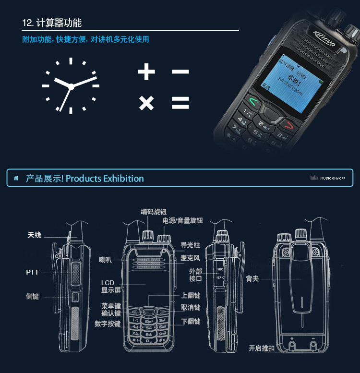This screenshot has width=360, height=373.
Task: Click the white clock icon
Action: [x=71, y=86]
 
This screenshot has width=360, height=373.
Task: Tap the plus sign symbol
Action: [x=146, y=72]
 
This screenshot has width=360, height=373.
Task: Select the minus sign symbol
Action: [x=180, y=72]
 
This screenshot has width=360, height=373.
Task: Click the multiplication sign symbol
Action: [x=146, y=103]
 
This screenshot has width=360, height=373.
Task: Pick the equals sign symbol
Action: [x=180, y=103]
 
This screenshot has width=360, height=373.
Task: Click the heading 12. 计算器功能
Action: [x=52, y=23]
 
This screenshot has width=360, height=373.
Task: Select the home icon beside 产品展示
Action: [x=16, y=179]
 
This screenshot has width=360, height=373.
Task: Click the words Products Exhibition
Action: [x=105, y=179]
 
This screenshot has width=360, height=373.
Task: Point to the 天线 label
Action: [x=34, y=235]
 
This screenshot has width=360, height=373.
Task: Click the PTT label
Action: [x=32, y=272]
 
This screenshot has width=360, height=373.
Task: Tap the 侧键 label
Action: [x=32, y=297]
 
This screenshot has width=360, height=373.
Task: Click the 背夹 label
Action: [x=252, y=278]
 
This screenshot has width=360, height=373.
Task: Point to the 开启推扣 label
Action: [x=262, y=348]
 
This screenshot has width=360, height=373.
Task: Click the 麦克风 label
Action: [x=190, y=258]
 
